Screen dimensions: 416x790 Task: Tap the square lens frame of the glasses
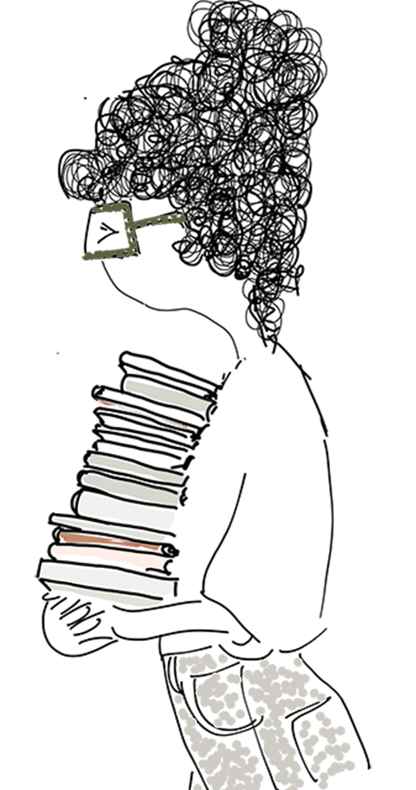click(x=110, y=233)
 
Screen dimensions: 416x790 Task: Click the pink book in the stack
click(x=107, y=553)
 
